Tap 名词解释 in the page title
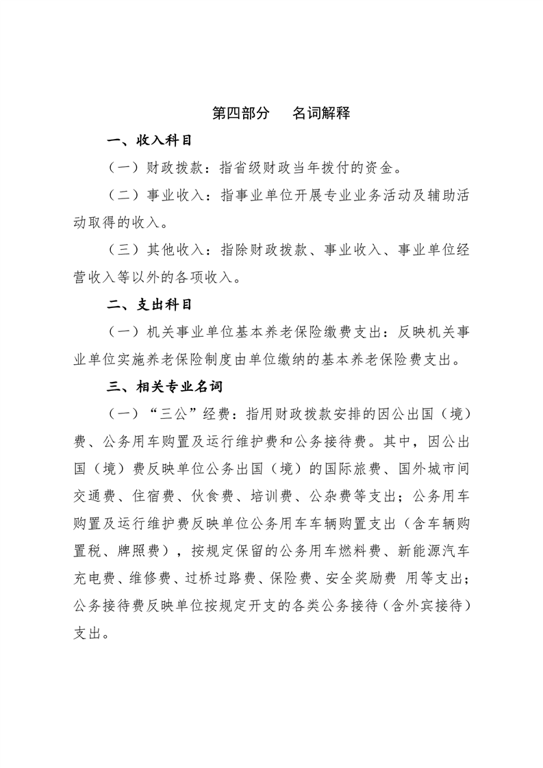pos(321,113)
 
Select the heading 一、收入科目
pos(149,141)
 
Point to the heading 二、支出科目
pos(149,305)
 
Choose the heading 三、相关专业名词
pos(165,387)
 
